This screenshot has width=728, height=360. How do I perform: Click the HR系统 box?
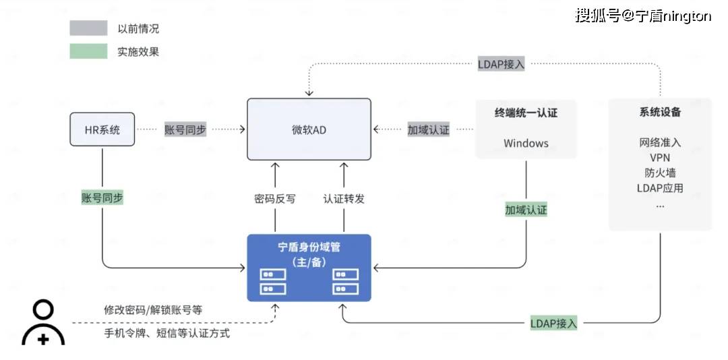(x=102, y=129)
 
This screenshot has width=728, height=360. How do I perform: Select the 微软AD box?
(x=309, y=129)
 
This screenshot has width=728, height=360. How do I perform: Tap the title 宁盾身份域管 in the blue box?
(x=309, y=247)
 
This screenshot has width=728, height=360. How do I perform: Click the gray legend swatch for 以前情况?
(x=88, y=28)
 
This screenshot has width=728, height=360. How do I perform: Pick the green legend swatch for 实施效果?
(x=88, y=51)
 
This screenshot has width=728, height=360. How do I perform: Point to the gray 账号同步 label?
(x=185, y=129)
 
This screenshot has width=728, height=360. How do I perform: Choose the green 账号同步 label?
(x=102, y=198)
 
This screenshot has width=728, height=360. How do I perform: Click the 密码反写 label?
(x=274, y=199)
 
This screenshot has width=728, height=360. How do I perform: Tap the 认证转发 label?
(x=344, y=199)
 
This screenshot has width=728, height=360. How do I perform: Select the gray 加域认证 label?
(x=428, y=129)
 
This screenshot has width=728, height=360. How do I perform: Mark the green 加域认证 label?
(x=526, y=210)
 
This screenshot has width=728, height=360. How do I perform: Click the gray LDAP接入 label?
(x=501, y=65)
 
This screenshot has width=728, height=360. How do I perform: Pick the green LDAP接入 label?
(x=553, y=324)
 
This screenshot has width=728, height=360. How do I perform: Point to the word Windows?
(x=526, y=143)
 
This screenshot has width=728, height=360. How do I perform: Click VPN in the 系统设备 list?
(x=660, y=157)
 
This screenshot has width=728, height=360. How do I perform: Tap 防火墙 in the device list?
(x=660, y=173)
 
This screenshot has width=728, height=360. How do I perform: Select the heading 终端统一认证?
(x=526, y=113)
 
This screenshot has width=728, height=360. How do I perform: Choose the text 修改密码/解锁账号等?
(x=153, y=310)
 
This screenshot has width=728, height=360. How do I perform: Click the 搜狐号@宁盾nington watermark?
(x=642, y=16)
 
